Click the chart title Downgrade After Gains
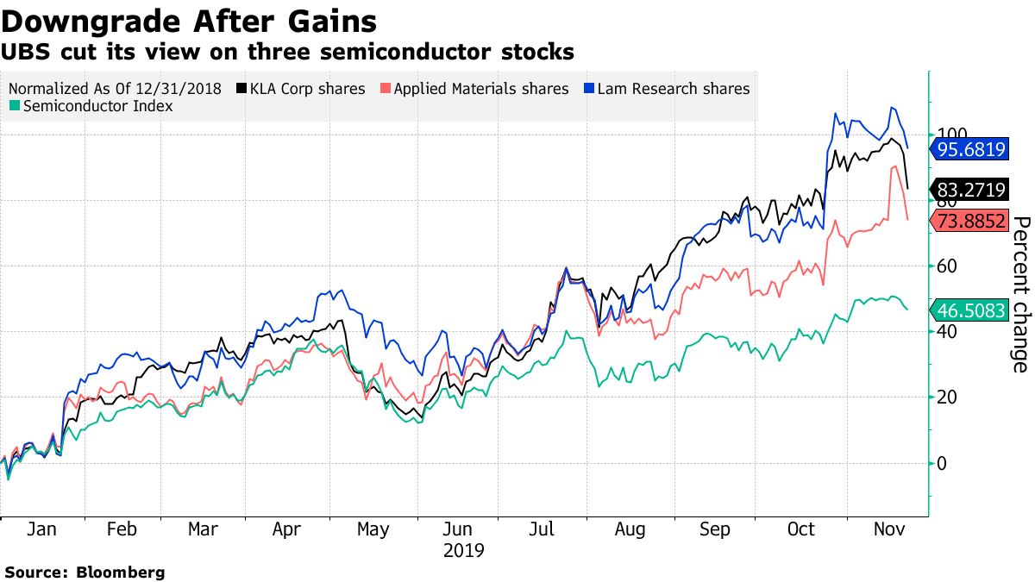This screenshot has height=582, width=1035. [x=189, y=20]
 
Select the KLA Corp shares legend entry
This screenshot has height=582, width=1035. [x=306, y=89]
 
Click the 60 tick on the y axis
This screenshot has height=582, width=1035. [x=946, y=266]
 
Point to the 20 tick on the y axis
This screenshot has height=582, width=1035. [x=946, y=397]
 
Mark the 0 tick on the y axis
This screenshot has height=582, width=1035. [x=942, y=463]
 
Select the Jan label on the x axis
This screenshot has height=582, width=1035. [x=41, y=529]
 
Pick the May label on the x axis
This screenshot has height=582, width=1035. [x=373, y=529]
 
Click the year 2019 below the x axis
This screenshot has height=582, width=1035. [x=463, y=550]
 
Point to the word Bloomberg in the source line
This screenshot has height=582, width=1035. [x=121, y=572]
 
